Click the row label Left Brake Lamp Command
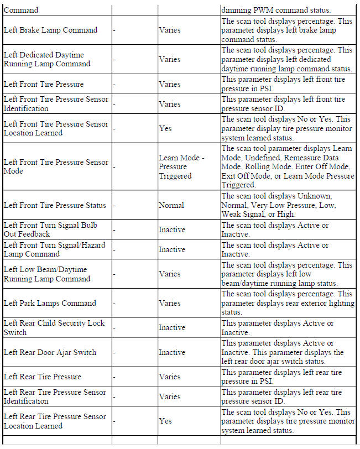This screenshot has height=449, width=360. click(x=50, y=30)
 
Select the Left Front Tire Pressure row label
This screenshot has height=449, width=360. click(x=44, y=84)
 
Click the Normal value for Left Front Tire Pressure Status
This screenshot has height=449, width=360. click(x=171, y=205)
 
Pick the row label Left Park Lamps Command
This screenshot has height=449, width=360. click(x=50, y=303)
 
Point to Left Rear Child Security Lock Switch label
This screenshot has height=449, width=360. click(x=54, y=327)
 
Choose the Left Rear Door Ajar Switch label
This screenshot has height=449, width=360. click(x=50, y=352)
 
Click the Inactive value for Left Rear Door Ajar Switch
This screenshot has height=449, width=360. click(x=172, y=352)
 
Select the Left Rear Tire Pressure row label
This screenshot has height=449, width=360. click(x=43, y=377)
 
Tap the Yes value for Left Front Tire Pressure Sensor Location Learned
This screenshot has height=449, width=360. click(x=165, y=128)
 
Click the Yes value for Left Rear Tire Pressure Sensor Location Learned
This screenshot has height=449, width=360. click(x=165, y=421)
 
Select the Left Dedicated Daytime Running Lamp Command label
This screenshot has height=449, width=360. click(x=47, y=59)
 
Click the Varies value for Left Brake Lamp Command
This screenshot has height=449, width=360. click(x=170, y=30)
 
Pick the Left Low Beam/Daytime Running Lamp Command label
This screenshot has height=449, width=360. click(x=47, y=274)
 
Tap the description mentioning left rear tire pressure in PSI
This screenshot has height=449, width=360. click(x=281, y=377)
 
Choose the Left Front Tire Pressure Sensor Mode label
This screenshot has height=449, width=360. click(x=55, y=167)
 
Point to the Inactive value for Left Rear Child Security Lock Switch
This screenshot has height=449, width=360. click(x=172, y=327)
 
